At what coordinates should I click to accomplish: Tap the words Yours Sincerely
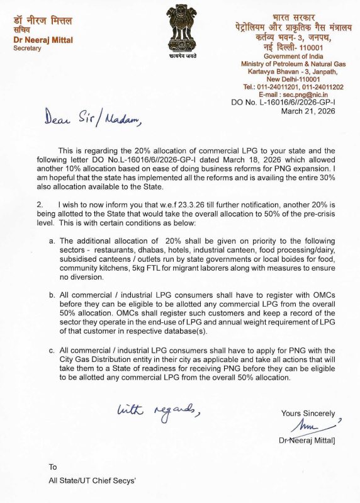coord(308,414)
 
